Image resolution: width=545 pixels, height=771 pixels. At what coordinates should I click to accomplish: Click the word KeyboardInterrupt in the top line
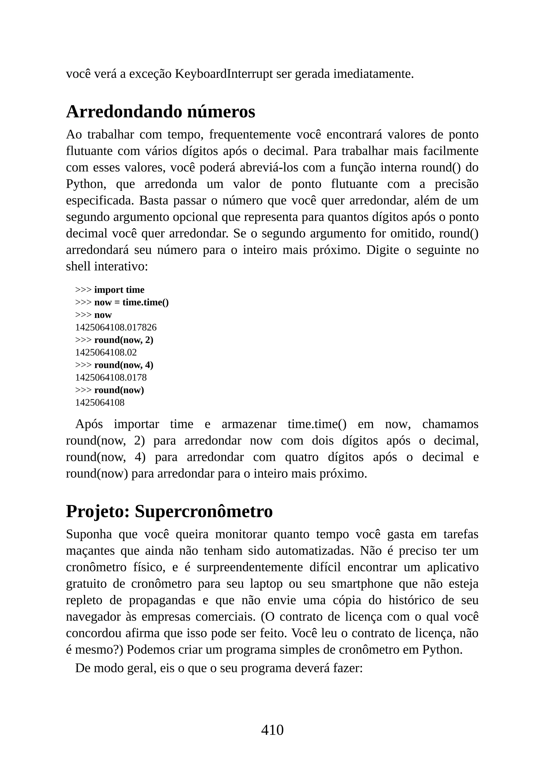224,74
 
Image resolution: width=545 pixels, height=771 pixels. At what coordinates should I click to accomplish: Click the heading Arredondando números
160,112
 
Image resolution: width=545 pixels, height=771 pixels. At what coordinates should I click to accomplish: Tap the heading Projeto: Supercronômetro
169,511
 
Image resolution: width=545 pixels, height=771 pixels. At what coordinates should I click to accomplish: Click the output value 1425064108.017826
116,327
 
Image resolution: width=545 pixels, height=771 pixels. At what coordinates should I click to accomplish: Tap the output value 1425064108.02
106,352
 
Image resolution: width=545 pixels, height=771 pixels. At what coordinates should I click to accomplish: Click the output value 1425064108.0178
111,378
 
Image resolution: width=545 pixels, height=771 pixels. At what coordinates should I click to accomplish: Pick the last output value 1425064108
100,403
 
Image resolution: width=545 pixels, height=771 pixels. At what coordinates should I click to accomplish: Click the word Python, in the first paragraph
86,184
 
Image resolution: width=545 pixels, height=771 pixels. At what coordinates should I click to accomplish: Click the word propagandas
162,600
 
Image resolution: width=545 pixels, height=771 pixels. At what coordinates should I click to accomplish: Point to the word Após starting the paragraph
89,424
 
